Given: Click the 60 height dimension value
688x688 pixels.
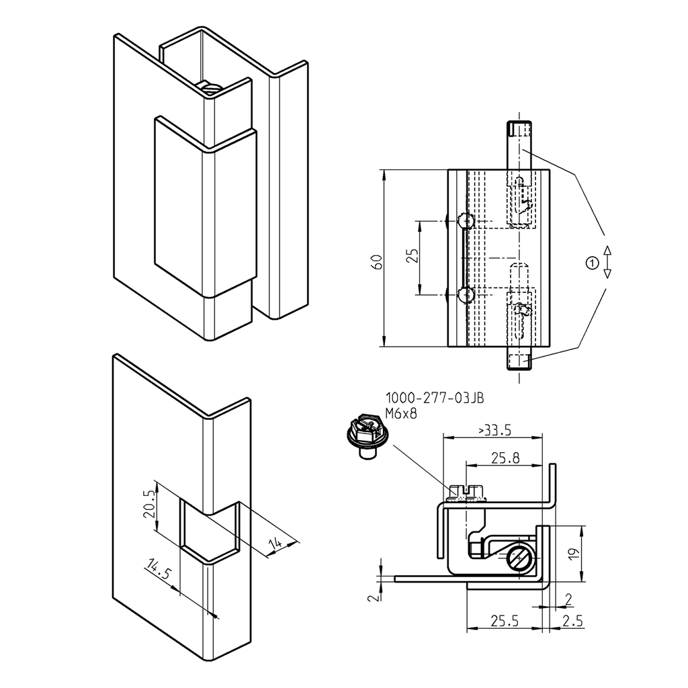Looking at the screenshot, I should (x=378, y=262).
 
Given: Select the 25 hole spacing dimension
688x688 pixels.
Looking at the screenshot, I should (x=413, y=256).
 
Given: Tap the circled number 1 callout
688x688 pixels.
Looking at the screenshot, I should (x=591, y=263).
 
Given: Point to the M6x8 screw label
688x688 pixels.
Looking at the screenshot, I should (x=401, y=414).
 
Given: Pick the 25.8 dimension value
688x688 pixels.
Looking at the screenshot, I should (x=505, y=458).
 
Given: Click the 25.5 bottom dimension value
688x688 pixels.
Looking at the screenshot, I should (x=504, y=621).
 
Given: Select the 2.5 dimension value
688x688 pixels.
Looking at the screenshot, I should (x=572, y=621).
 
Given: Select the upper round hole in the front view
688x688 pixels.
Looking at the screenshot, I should (x=465, y=221).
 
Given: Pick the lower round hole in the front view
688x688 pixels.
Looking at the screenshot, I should (x=465, y=294).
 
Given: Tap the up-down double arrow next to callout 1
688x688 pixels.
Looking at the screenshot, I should (x=607, y=262).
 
